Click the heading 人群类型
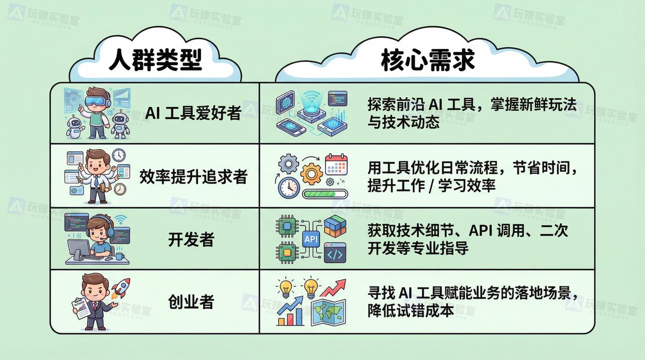155,59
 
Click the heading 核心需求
428,60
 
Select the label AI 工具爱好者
193,112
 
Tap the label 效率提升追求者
193,176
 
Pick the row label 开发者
191,239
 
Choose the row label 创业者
191,302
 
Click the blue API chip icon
311,239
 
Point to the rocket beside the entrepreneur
120,288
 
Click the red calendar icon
336,164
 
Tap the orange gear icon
311,173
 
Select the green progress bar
325,194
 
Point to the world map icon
329,313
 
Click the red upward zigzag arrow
333,288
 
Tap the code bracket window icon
335,253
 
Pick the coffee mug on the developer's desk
119,256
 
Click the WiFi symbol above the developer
121,220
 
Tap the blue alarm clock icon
289,188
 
